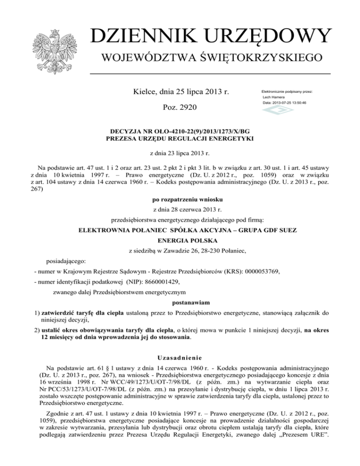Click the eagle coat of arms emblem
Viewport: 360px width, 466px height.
[55, 46]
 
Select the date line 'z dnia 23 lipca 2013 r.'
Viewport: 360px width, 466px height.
[180, 153]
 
